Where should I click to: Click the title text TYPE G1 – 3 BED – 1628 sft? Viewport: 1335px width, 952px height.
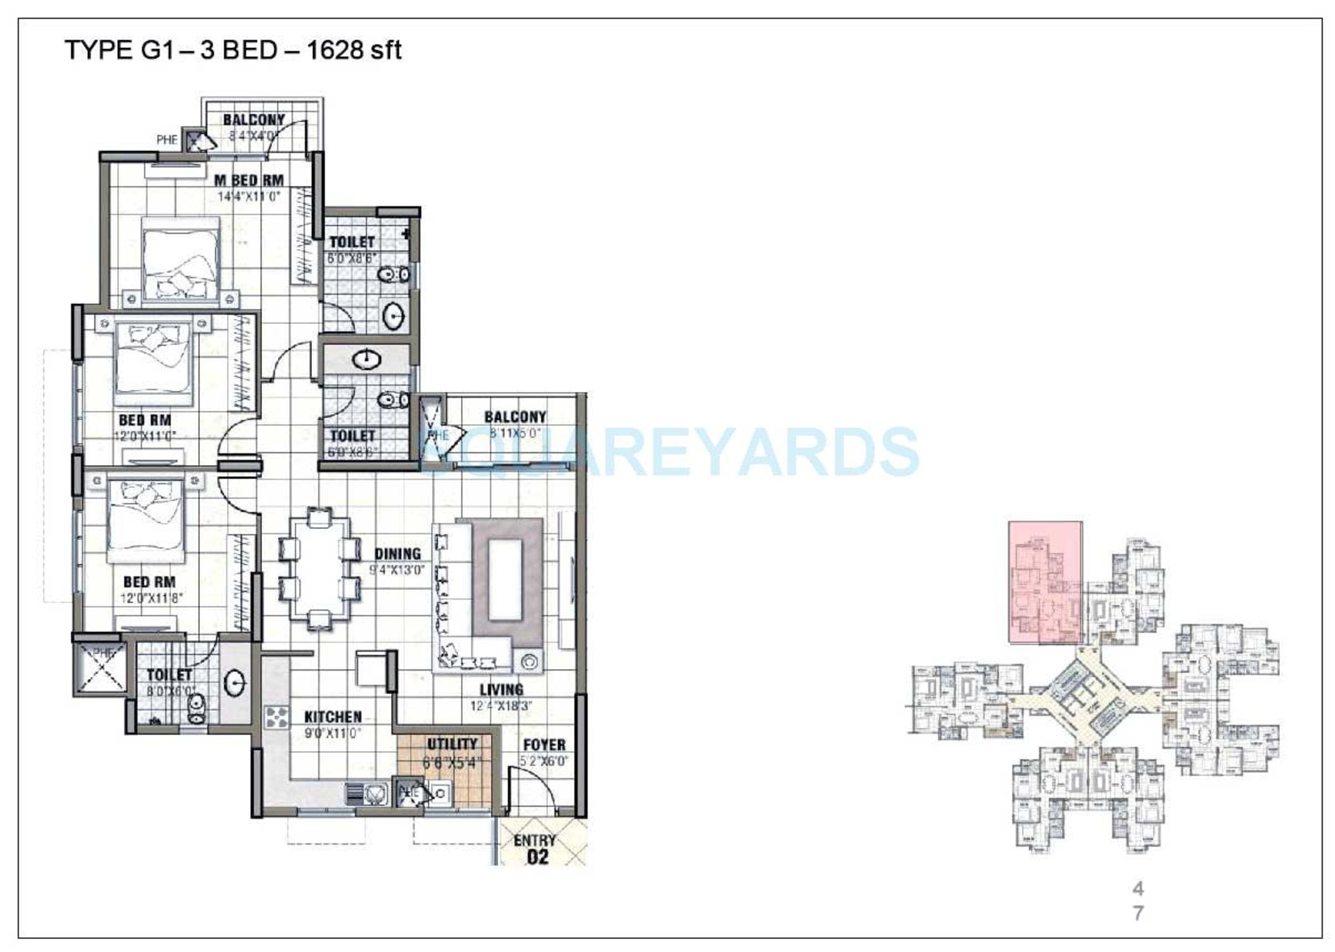pyautogui.click(x=233, y=50)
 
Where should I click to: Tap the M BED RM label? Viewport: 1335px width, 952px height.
pyautogui.click(x=249, y=181)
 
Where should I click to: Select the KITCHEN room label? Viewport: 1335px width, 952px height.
pyautogui.click(x=332, y=717)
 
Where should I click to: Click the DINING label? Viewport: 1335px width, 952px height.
pyautogui.click(x=397, y=553)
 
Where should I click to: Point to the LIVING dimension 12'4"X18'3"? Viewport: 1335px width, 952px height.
pyautogui.click(x=501, y=706)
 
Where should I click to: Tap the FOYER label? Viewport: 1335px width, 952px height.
pyautogui.click(x=544, y=745)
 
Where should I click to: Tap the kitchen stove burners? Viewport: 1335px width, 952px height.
pyautogui.click(x=277, y=717)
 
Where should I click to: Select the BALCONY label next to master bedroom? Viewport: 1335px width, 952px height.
pyautogui.click(x=253, y=120)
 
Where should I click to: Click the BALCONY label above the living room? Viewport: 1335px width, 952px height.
pyautogui.click(x=515, y=417)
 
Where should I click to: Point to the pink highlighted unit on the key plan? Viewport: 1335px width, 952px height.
pyautogui.click(x=1045, y=582)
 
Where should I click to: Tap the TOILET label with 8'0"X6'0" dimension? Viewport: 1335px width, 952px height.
pyautogui.click(x=169, y=675)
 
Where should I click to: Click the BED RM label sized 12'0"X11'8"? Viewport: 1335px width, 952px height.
pyautogui.click(x=149, y=582)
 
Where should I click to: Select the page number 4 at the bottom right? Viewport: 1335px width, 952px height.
pyautogui.click(x=1137, y=889)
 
